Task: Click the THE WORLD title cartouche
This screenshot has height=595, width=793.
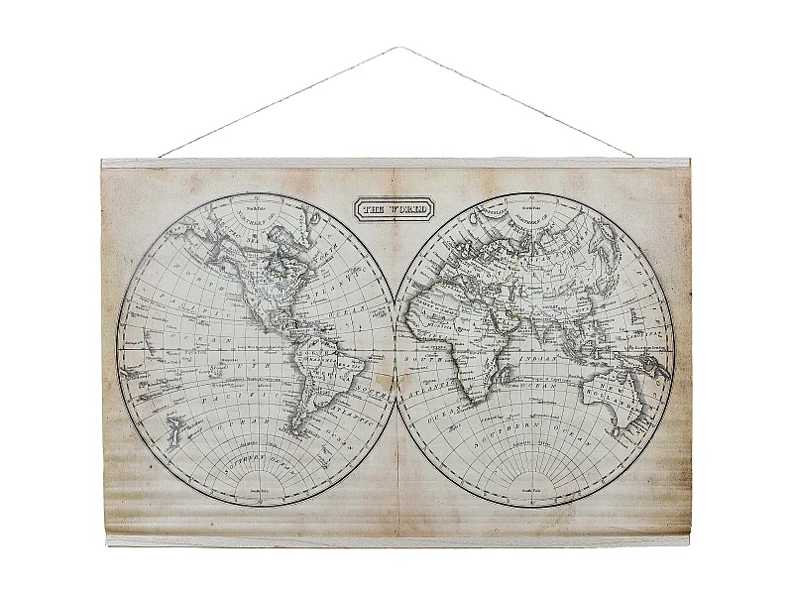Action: click(x=395, y=209)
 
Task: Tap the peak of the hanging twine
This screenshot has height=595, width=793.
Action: click(x=397, y=47)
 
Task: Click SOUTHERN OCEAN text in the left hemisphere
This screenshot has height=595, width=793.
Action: click(x=257, y=460)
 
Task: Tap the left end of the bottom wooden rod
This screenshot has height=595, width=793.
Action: click(x=109, y=541)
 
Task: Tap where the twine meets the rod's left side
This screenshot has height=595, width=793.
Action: click(x=161, y=157)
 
